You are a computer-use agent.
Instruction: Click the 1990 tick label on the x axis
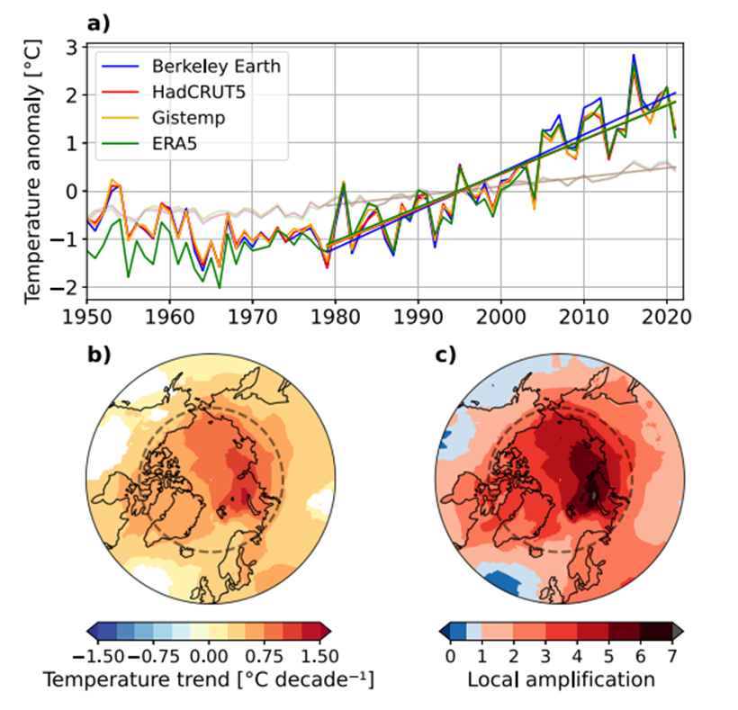coord(418,319)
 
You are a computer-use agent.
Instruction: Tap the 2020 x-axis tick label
coord(666,319)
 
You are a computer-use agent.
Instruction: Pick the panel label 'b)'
coord(97,354)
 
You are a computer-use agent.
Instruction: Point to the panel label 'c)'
coord(445,354)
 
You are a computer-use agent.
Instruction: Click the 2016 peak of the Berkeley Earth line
coord(634,55)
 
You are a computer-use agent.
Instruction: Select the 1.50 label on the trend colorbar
coord(315,656)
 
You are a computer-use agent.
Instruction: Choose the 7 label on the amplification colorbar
coord(671,656)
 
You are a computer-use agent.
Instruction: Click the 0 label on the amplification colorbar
coord(450,656)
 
